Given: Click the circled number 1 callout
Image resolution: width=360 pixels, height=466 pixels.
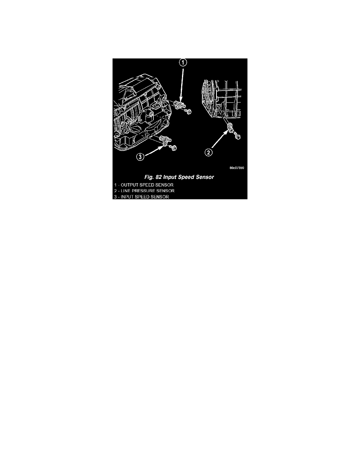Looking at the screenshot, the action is click(183, 62).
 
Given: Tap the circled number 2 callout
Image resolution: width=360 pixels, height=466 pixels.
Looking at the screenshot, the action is click(209, 153).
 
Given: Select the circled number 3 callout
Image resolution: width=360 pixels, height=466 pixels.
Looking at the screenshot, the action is click(140, 157).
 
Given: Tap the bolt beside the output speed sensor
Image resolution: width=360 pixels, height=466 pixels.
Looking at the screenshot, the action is click(188, 112).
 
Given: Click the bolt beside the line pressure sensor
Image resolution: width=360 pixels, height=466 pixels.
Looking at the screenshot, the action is click(237, 137).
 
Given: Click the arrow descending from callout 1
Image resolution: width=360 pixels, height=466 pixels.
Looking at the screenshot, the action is click(182, 84).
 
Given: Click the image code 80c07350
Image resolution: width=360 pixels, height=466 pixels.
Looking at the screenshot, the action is click(237, 168).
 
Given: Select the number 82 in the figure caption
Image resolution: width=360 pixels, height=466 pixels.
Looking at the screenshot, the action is click(158, 177).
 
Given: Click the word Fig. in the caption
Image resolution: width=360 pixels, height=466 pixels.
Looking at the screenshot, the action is click(149, 177).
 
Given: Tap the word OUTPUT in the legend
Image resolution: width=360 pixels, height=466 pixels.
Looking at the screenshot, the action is click(129, 185).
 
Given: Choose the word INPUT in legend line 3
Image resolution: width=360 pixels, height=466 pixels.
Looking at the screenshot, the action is click(127, 197).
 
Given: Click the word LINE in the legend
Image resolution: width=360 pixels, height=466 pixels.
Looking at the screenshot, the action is click(125, 191).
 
